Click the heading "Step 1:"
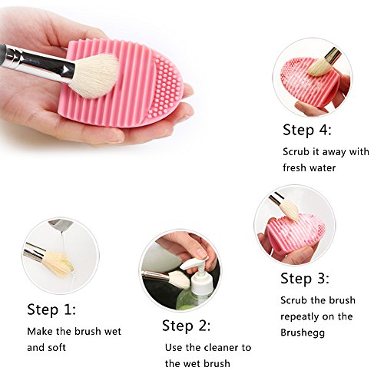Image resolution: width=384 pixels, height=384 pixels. [x=51, y=310]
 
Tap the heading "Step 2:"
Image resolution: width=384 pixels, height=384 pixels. [x=187, y=326]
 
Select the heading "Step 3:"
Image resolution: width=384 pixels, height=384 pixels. [x=305, y=279]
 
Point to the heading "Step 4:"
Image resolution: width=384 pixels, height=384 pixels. [x=307, y=130]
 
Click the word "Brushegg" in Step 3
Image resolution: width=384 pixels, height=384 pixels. [x=303, y=333]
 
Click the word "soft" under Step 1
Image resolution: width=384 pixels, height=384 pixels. [x=57, y=348]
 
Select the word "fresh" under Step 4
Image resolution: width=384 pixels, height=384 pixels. [x=294, y=168]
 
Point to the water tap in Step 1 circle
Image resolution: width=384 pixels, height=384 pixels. [x=61, y=224]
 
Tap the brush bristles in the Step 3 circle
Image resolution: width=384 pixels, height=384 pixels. [x=290, y=210]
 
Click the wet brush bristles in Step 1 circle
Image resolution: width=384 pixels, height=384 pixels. [x=59, y=263]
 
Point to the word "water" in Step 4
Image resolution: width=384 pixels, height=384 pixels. [x=323, y=168]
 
